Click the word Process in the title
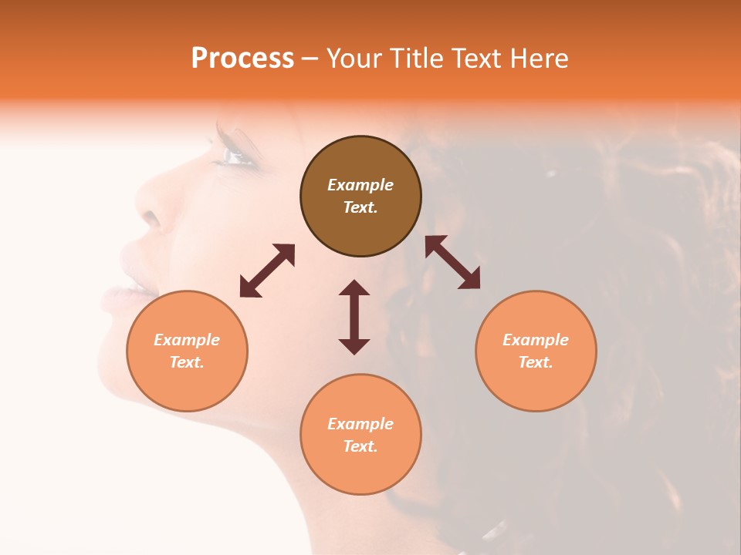242,59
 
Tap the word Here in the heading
536,59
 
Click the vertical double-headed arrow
354,317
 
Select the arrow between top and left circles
267,271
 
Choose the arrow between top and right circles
453,262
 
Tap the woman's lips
123,289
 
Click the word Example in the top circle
360,185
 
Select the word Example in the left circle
187,340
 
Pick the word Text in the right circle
536,362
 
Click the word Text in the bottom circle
360,446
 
